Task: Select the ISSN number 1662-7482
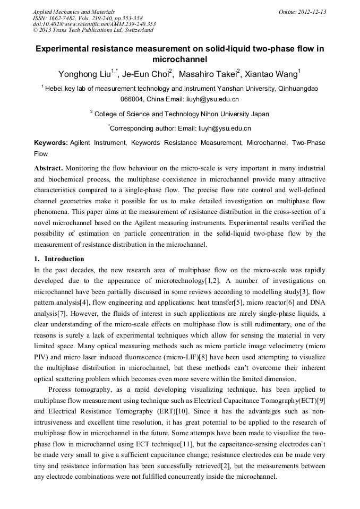pyautogui.click(x=61, y=18)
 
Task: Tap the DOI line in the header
pyautogui.click(x=94, y=24)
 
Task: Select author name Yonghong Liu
pyautogui.click(x=82, y=73)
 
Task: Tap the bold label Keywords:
pyautogui.click(x=51, y=143)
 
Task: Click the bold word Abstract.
pyautogui.click(x=48, y=168)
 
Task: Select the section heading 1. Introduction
pyautogui.click(x=59, y=259)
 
